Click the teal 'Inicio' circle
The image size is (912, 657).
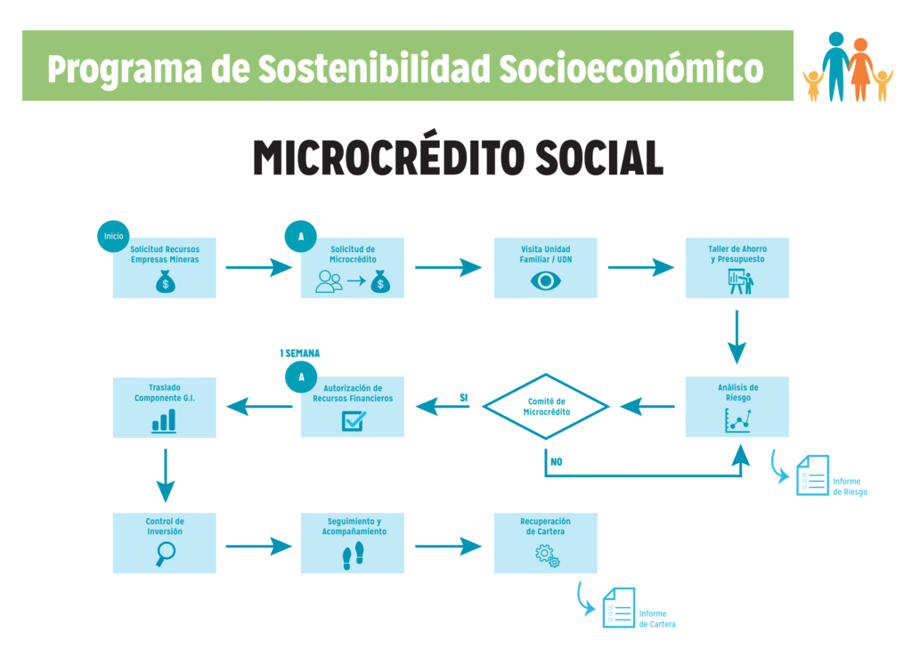[x=113, y=236]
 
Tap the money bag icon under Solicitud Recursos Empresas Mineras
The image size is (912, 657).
[x=165, y=283]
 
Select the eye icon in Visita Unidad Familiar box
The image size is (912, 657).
[x=545, y=281]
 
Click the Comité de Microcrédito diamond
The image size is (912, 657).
[x=546, y=407]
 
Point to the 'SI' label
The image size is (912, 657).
[x=463, y=397]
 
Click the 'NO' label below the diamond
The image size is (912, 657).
[x=556, y=462]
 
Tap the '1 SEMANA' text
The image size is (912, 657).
[x=299, y=353]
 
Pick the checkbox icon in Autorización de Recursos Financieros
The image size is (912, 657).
[x=353, y=421]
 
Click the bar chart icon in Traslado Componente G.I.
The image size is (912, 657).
[x=164, y=421]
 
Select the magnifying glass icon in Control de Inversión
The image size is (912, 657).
[x=165, y=554]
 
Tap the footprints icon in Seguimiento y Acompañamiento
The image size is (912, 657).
[x=353, y=558]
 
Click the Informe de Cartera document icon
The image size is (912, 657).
[x=618, y=607]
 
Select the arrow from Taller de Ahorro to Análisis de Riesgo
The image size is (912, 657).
[x=737, y=337]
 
